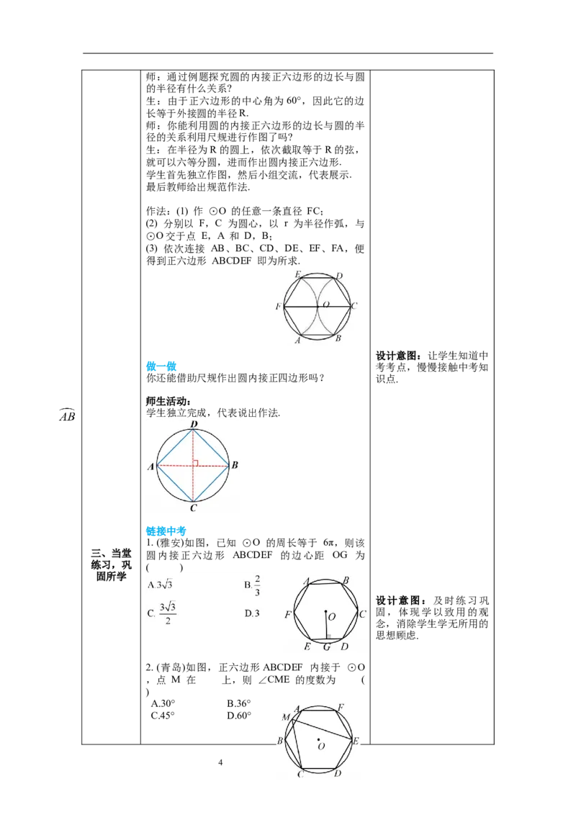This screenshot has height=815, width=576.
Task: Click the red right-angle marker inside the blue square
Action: (x=195, y=462)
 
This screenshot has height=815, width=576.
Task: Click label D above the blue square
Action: (x=194, y=424)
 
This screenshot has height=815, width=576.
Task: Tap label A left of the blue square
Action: (x=151, y=467)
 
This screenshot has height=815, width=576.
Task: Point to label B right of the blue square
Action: (x=235, y=466)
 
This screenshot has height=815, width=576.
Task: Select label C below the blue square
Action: (x=193, y=508)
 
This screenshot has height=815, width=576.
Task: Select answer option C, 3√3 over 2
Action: (x=162, y=614)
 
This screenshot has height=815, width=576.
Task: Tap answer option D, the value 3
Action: (x=252, y=613)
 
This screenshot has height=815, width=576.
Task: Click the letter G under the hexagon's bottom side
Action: (x=327, y=647)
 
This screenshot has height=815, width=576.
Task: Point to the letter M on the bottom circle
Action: (x=286, y=717)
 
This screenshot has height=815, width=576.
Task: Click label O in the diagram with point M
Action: (x=321, y=747)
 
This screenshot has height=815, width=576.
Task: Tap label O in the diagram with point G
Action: (x=331, y=616)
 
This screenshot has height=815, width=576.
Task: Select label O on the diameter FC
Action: (x=326, y=305)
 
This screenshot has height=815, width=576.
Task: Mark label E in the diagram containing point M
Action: (x=356, y=740)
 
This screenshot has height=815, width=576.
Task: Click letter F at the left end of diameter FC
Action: (x=278, y=307)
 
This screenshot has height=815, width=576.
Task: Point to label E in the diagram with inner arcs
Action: (x=298, y=274)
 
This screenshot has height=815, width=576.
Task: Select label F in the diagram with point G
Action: (x=288, y=614)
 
